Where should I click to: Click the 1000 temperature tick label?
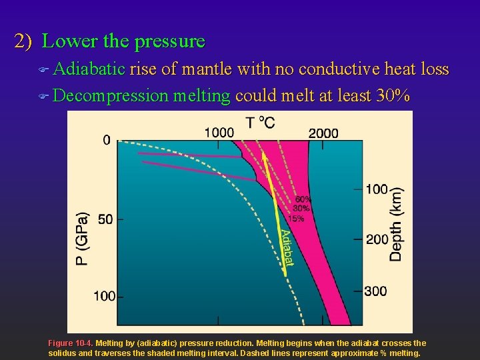coord(219,133)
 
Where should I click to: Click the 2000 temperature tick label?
coord(323,133)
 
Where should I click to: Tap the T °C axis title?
coord(260,122)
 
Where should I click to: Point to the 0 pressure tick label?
coord(107,140)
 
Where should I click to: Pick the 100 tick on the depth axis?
coord(377,189)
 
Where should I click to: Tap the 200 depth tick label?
coord(377,239)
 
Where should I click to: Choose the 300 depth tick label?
coord(377,291)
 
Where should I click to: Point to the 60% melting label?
coord(303,199)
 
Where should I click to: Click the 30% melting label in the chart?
coord(301,209)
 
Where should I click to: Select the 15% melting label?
coord(296,218)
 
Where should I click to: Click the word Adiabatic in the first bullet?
coord(89,69)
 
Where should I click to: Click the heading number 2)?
coord(24,41)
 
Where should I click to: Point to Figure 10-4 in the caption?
coord(71,343)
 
